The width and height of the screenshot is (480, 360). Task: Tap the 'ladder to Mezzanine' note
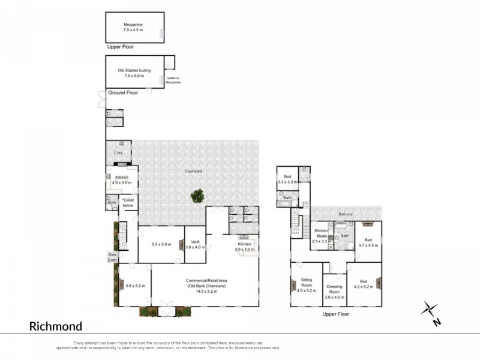(172, 80)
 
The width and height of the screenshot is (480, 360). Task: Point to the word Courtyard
(193, 172)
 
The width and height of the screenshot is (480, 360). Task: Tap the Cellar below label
(128, 203)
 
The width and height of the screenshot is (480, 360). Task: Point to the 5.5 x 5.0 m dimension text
(160, 244)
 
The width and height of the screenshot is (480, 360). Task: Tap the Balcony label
(345, 214)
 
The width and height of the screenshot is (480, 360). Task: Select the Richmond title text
(56, 326)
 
